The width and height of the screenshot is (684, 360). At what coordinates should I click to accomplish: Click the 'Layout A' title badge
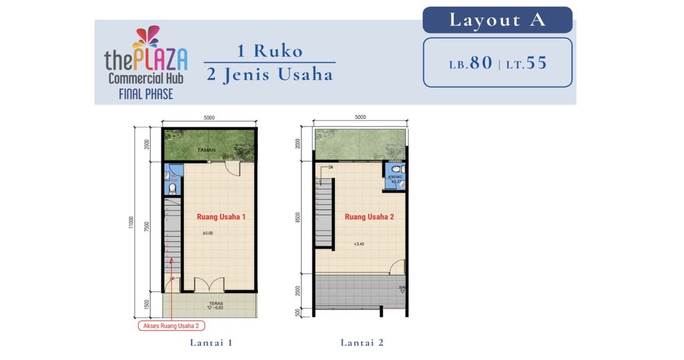(x=497, y=20)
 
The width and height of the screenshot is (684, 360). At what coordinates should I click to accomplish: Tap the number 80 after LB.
(x=480, y=63)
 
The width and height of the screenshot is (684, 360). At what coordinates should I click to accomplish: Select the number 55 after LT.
(x=536, y=63)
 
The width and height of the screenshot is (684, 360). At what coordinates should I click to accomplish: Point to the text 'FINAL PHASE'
(x=145, y=94)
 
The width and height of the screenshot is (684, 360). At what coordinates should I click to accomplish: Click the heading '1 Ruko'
(x=269, y=51)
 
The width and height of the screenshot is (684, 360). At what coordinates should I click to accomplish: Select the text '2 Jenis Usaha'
(x=269, y=74)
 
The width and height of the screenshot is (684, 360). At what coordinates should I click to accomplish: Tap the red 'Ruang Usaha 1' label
(x=221, y=217)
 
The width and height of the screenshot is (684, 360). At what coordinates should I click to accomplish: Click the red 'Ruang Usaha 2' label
(x=369, y=217)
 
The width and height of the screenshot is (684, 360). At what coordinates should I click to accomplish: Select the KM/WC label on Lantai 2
(x=395, y=177)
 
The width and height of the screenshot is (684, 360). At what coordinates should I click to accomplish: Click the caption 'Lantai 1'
(x=210, y=343)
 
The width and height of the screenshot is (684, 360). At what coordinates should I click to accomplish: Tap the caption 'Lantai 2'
(x=362, y=343)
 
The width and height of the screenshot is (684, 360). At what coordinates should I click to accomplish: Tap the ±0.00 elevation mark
(x=207, y=234)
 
